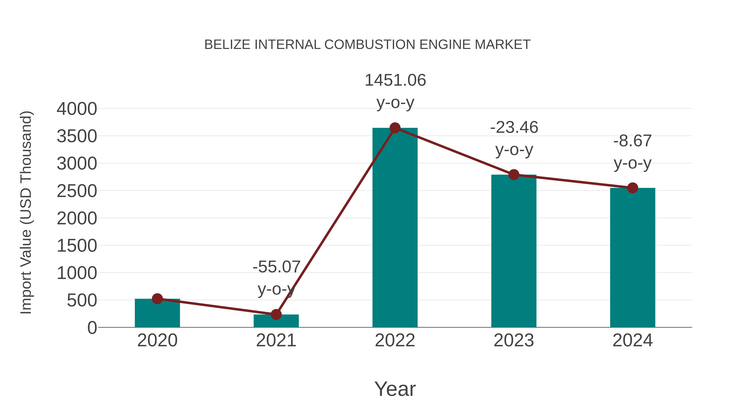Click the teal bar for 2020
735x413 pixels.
click(x=157, y=313)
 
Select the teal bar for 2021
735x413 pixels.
click(x=276, y=321)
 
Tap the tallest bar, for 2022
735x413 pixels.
click(x=395, y=228)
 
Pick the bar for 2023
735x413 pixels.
click(x=514, y=251)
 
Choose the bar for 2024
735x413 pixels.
click(x=633, y=258)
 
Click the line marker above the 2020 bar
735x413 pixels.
click(x=157, y=299)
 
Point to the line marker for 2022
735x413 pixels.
click(x=395, y=128)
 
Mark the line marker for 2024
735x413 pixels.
click(x=633, y=188)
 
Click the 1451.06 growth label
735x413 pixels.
click(x=395, y=80)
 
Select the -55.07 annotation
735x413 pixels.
click(x=276, y=267)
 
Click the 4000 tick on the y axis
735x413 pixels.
click(x=77, y=109)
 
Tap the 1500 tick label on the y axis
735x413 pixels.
click(x=77, y=246)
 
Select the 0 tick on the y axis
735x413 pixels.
click(x=92, y=328)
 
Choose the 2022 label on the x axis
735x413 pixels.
click(x=395, y=340)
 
